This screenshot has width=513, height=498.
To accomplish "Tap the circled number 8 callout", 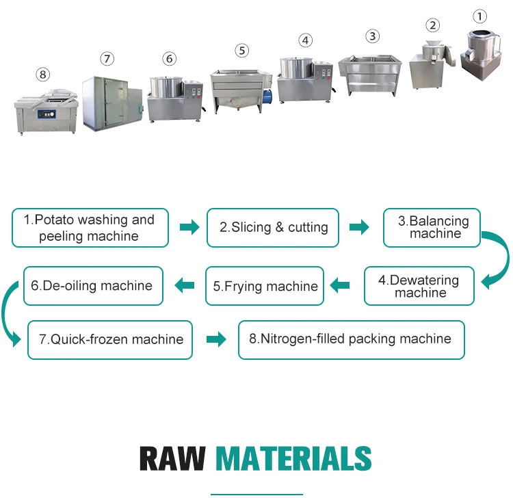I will [43, 74].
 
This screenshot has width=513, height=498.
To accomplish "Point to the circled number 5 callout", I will [241, 51].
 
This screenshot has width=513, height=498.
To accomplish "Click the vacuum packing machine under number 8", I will [47, 109].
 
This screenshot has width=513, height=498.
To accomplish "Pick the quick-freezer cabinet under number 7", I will [109, 103].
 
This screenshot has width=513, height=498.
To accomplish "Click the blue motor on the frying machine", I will [268, 96].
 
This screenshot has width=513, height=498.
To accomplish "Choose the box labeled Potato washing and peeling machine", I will [90, 228].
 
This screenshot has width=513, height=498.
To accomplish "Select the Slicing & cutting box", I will [273, 228].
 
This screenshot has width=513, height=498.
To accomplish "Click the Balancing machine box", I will [431, 228].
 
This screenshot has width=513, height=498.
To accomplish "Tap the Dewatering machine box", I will [419, 286].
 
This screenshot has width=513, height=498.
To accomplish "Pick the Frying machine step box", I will [265, 286].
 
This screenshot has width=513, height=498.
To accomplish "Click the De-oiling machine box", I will [93, 286].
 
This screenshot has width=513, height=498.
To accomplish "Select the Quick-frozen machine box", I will [110, 339].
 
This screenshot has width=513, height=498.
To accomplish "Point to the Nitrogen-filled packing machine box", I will [351, 339].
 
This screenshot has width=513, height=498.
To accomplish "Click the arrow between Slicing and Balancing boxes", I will [359, 227].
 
